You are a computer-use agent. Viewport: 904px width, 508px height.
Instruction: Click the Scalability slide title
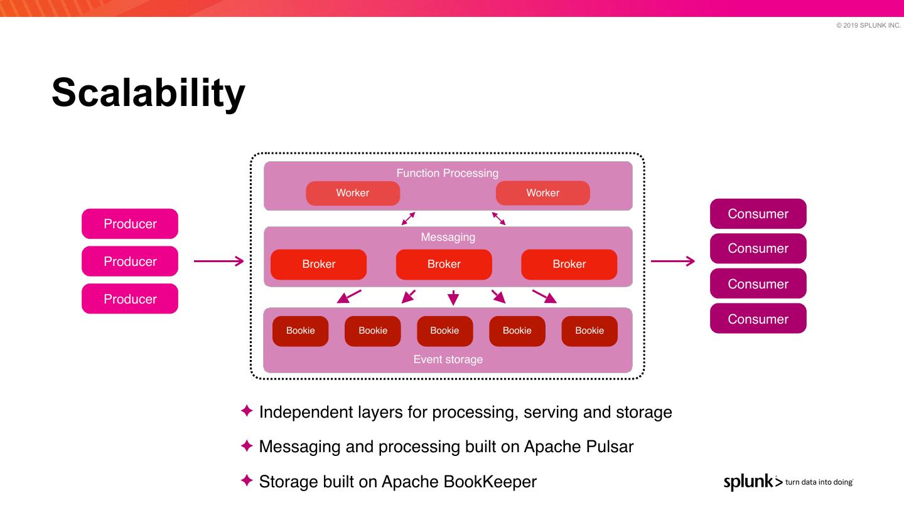pos(149,93)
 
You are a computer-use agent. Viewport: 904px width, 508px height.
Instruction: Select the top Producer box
pos(130,224)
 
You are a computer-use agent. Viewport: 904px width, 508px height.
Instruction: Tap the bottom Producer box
pos(130,299)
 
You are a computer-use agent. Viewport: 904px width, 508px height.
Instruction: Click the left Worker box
pos(353,193)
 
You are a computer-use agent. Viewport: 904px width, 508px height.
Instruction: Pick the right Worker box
pos(543,193)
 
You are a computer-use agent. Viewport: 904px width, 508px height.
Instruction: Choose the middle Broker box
pos(444,264)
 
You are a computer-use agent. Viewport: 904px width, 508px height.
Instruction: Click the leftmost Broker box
pos(318,264)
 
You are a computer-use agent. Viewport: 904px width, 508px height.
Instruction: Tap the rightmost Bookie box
pos(589,331)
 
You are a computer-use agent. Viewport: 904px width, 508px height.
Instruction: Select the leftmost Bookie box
pos(300,331)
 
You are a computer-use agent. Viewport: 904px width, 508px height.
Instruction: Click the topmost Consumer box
pos(758,214)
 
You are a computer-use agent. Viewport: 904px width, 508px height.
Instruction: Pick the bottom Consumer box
pos(758,319)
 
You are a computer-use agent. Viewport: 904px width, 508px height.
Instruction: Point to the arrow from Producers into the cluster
pos(218,262)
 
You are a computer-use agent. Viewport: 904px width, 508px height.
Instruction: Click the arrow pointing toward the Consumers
pos(673,262)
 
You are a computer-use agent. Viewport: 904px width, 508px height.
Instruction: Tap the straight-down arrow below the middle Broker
pos(453,297)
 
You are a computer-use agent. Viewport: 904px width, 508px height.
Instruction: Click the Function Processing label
pos(447,173)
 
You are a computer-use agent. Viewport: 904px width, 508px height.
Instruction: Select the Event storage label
pos(448,359)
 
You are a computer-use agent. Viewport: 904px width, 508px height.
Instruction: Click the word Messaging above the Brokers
pos(448,237)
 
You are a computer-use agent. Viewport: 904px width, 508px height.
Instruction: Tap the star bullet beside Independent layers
pos(247,411)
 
